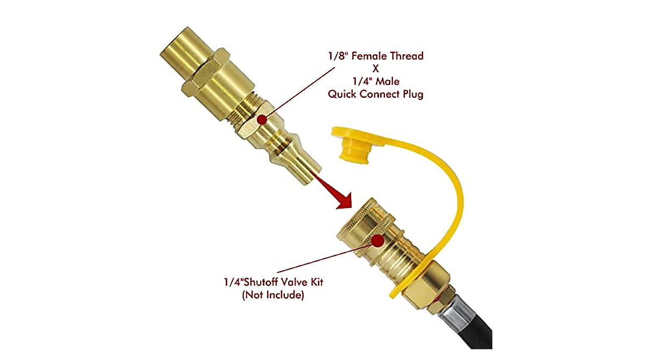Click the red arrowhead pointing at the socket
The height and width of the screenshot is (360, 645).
(342, 200)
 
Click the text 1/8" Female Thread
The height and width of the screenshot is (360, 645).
(376, 56)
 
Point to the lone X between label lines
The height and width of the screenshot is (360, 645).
(376, 69)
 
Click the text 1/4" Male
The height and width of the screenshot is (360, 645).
(376, 82)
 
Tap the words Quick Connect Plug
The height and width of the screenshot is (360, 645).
(376, 95)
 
